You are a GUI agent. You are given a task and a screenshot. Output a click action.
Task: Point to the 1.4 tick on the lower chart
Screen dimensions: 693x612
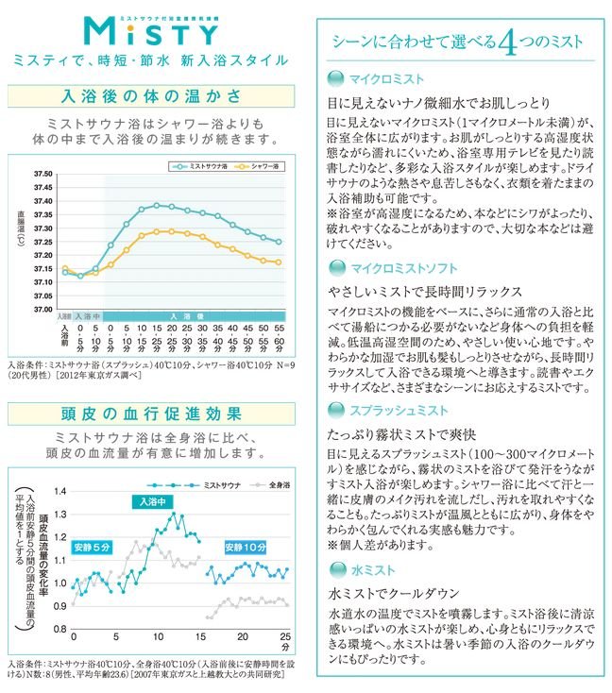point(60,491)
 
